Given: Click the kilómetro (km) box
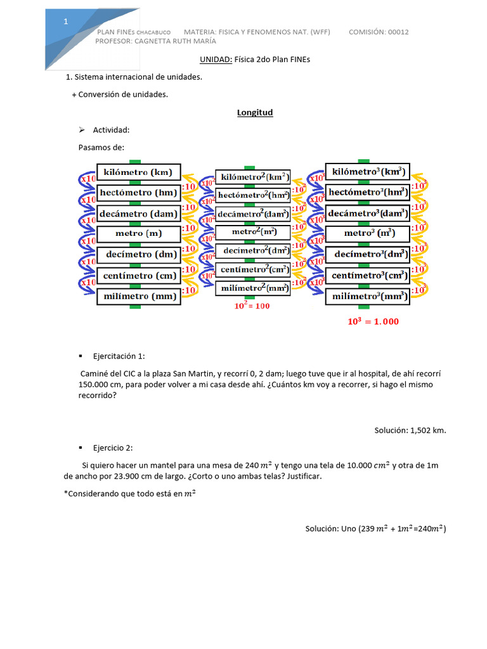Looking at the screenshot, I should [139, 172].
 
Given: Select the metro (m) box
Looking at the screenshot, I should [139, 234].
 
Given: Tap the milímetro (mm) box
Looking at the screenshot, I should [139, 296].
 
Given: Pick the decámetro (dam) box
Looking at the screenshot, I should [139, 214].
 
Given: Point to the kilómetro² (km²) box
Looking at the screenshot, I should [252, 177].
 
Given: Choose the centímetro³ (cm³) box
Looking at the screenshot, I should [367, 276].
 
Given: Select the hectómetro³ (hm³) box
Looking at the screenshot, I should [367, 192].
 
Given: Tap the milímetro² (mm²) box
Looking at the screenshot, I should [252, 288].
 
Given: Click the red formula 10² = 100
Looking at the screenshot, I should [252, 306].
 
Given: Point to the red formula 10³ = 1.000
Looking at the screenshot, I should [373, 321].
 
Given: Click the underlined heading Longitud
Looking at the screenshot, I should [255, 112].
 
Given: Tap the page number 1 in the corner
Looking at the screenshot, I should [66, 22].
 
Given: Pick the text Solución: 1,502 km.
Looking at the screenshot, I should [410, 430].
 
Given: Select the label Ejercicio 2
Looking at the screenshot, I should [113, 447].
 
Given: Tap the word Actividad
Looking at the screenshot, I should [111, 130].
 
